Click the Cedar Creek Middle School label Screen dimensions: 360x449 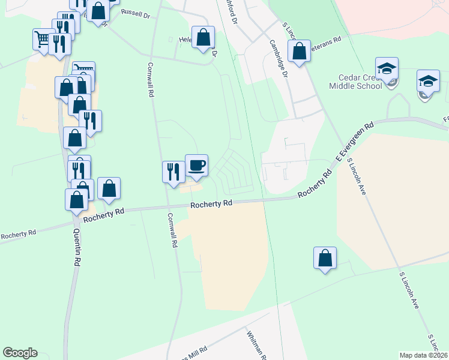click(355, 81)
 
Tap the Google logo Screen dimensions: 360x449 click(20, 353)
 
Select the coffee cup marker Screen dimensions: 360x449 click(196, 165)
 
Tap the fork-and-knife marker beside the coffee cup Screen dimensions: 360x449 click(173, 172)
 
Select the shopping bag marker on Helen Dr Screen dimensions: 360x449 click(203, 37)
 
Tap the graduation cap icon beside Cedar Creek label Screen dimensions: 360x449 click(387, 68)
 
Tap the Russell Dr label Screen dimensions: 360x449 click(134, 12)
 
